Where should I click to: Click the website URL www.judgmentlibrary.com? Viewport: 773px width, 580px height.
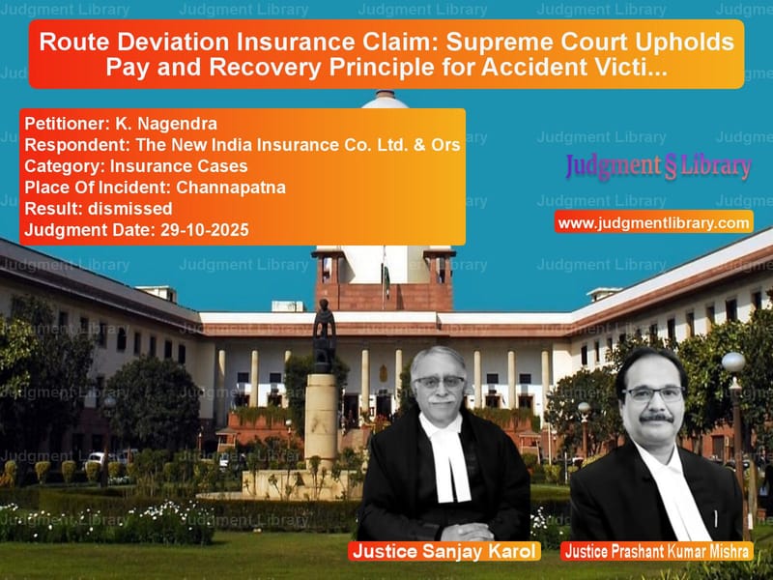(654, 223)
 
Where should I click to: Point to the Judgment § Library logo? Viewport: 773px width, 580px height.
(657, 166)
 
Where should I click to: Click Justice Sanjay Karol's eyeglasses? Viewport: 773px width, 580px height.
(441, 383)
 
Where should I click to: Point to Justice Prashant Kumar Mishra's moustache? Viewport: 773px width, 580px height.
(656, 417)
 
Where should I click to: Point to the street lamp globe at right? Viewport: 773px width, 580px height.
(733, 362)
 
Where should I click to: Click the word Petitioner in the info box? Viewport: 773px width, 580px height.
(59, 125)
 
